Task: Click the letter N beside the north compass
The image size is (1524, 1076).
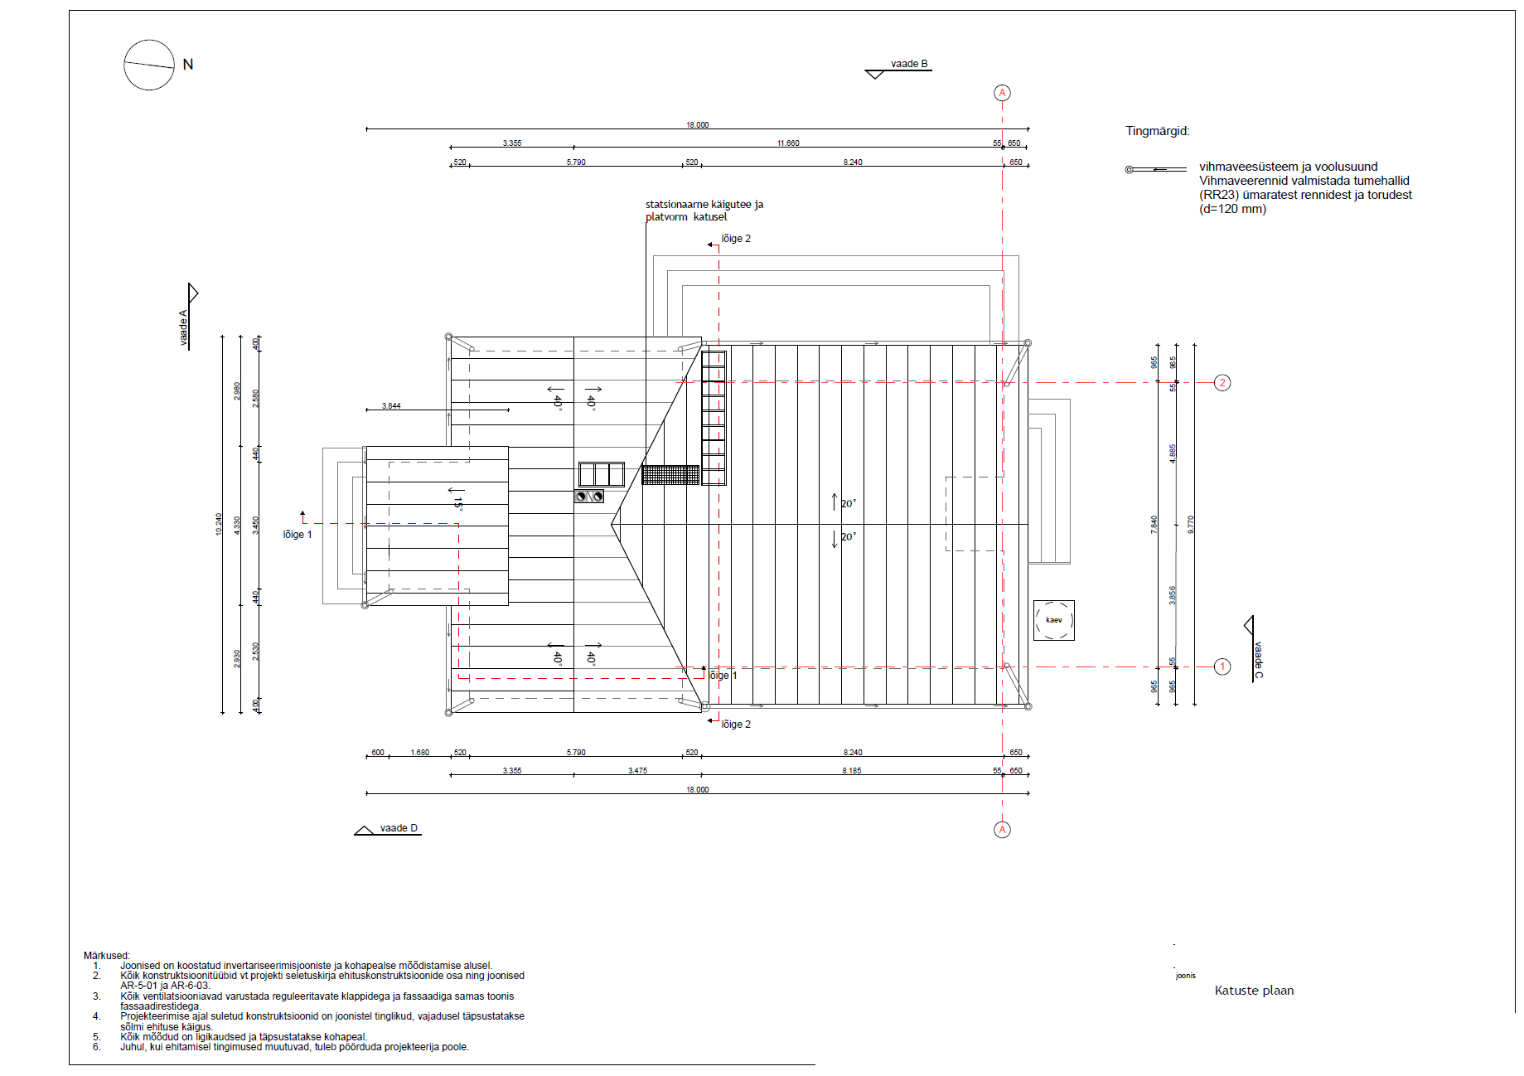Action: coord(188,65)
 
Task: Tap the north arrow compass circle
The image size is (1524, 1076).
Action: coord(149,65)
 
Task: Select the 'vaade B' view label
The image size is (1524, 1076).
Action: coord(909,64)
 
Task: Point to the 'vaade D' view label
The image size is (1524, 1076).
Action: coord(399,828)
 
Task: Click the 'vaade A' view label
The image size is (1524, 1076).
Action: coord(184,327)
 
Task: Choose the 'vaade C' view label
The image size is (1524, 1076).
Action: coord(1257,660)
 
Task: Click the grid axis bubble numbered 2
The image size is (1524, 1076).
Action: coord(1222,383)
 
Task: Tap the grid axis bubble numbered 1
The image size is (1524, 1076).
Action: coord(1222,666)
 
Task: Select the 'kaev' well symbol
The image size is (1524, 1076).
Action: coord(1053,620)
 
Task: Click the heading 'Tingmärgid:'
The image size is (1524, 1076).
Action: coord(1157,131)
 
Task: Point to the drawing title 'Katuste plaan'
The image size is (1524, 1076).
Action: coord(1254,991)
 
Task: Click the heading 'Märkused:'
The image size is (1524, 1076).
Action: coord(107,956)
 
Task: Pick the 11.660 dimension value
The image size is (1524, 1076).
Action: coord(788,143)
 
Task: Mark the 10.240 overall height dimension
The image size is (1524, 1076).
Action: coord(219,524)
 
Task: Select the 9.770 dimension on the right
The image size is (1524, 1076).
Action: coord(1191,524)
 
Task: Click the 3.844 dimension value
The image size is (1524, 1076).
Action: coord(391,406)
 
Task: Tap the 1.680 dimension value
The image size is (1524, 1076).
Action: coord(420,753)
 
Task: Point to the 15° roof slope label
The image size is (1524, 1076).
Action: coord(457,502)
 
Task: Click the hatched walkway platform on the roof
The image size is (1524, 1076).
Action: coord(670,475)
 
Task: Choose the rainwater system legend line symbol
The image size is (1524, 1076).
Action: coord(1155,170)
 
